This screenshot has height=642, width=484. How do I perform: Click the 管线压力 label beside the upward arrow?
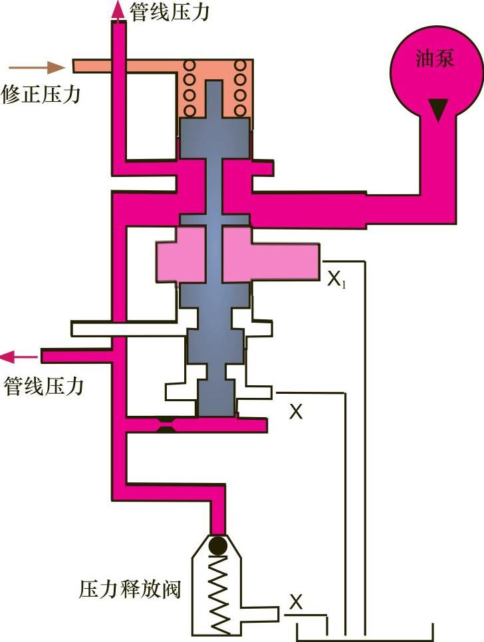click(169, 12)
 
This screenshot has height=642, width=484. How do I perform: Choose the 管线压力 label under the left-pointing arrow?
click(44, 387)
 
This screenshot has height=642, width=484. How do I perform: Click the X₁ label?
click(336, 279)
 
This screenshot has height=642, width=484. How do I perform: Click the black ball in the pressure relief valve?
click(217, 546)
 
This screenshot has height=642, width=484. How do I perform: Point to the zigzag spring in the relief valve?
click(217, 588)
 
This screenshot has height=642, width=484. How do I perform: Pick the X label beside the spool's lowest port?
click(296, 412)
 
